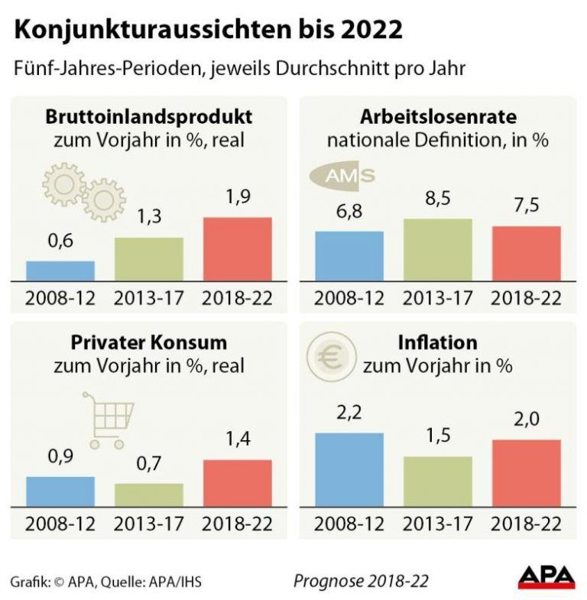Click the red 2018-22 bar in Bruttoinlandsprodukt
(x=237, y=250)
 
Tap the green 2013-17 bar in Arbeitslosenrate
(x=437, y=250)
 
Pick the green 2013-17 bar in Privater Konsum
(x=149, y=495)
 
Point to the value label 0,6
(x=60, y=242)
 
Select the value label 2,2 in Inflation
(x=349, y=414)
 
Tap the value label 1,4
(x=237, y=439)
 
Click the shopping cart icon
(x=108, y=420)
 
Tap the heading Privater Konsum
(x=149, y=342)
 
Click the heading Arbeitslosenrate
(x=438, y=117)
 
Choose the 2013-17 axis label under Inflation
(x=437, y=524)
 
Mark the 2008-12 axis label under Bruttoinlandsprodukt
(x=60, y=297)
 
